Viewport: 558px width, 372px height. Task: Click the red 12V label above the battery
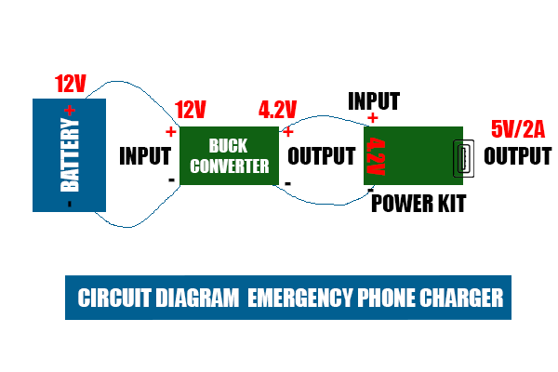(72, 84)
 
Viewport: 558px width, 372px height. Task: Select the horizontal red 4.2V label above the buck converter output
(277, 111)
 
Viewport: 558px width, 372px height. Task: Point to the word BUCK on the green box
(228, 146)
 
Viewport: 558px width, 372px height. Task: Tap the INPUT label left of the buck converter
(145, 155)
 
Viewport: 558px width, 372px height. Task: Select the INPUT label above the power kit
(374, 100)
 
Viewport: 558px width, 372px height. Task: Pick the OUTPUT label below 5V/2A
(517, 155)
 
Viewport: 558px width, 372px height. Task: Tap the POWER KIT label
(418, 203)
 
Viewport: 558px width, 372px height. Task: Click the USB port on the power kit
(458, 157)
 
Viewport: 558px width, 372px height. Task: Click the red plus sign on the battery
(70, 110)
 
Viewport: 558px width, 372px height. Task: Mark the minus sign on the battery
(69, 202)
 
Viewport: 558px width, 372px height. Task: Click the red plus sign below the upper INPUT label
(373, 118)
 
